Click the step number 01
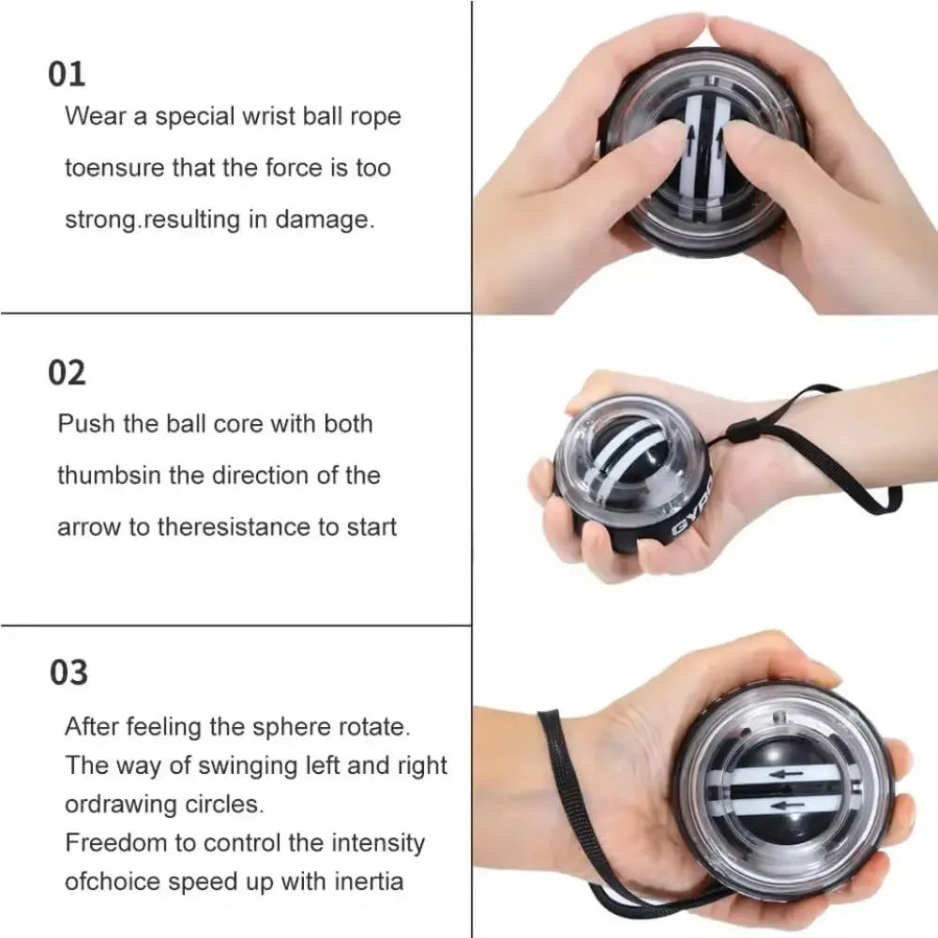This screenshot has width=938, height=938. [x=67, y=74]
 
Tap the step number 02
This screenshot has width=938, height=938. [x=67, y=372]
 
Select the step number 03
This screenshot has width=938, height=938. [x=68, y=673]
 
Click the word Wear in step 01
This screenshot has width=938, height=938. [x=91, y=117]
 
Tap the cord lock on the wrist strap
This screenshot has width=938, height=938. [x=742, y=434]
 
